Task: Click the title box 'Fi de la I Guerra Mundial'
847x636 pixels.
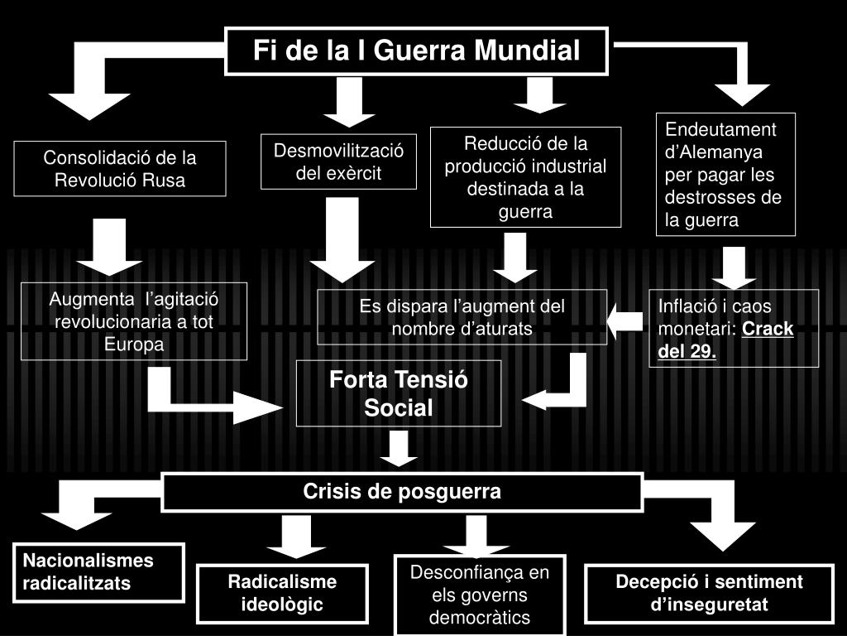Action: (417, 51)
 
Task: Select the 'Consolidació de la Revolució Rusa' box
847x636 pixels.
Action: (120, 169)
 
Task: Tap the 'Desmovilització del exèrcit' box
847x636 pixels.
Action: (338, 161)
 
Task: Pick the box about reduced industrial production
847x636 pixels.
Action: (525, 177)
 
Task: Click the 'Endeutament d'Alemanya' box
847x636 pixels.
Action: (725, 175)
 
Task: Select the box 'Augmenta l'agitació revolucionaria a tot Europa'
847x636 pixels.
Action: (134, 321)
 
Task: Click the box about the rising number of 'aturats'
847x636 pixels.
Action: (462, 317)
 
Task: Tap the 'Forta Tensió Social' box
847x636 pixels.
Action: (399, 393)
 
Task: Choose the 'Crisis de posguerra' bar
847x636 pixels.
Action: (402, 492)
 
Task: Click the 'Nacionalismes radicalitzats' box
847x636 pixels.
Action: (98, 571)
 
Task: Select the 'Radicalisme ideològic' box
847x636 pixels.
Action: (282, 593)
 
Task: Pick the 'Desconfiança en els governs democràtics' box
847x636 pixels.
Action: (480, 595)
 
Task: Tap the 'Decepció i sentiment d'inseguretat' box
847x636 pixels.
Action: (709, 593)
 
